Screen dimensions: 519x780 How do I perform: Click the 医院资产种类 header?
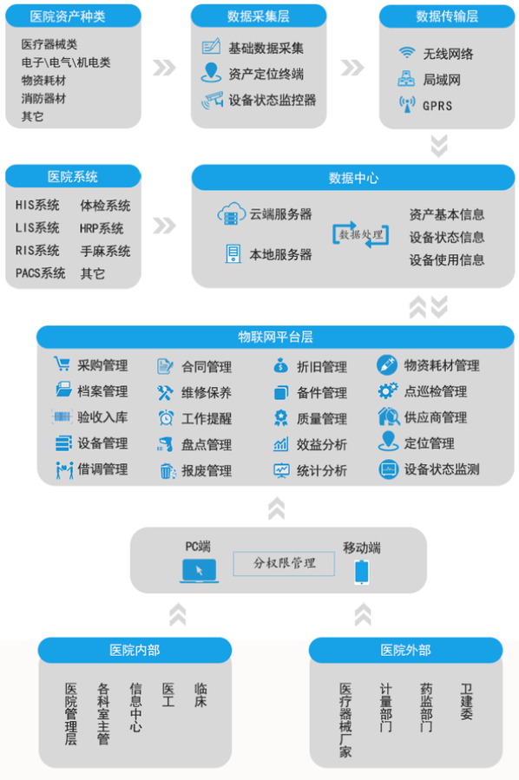coord(73,16)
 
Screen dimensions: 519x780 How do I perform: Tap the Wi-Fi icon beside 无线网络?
coord(407,52)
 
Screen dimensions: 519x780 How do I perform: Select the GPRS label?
coord(437,106)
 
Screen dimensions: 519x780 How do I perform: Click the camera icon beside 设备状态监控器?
coord(212,100)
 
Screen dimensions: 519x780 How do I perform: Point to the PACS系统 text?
coord(40,273)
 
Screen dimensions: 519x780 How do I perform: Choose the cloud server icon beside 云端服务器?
coord(232,214)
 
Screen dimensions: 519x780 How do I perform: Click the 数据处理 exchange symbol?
coord(361,234)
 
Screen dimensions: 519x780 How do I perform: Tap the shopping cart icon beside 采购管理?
coord(62,364)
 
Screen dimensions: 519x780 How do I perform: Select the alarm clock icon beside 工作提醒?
coord(166,418)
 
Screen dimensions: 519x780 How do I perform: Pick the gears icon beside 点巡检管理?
coord(388,391)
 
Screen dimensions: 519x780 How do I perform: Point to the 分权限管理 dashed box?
coord(284,564)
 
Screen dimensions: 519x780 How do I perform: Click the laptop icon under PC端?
coord(199,571)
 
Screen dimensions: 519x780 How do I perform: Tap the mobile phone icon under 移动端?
coord(362,572)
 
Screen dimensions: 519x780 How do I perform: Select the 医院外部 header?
coord(405,650)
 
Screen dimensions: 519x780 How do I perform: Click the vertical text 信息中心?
coord(135,707)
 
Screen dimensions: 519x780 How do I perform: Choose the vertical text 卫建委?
coord(466,701)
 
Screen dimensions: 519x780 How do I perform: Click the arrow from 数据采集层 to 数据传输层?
coord(352,68)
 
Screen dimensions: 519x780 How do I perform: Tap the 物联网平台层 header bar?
coord(275,337)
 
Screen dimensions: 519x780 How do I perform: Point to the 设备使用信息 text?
coord(447,259)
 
